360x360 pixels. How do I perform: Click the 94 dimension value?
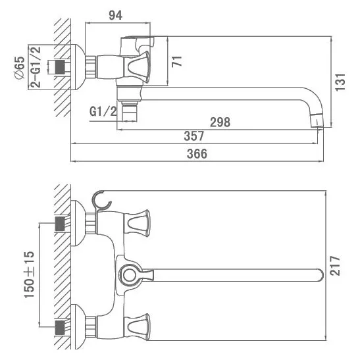[x=115, y=15]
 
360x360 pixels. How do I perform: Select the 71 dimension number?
[x=177, y=61]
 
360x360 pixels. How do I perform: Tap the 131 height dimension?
[x=340, y=82]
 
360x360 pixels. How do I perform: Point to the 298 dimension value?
[x=220, y=122]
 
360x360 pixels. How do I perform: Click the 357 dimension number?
[x=193, y=136]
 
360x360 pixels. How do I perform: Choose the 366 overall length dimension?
[x=197, y=153]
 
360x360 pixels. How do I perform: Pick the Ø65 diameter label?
[x=20, y=68]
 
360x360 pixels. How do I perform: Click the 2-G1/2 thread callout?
[x=36, y=67]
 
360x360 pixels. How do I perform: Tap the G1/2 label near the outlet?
[x=103, y=112]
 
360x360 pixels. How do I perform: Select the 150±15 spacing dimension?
[x=29, y=275]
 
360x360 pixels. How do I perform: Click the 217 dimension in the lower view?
[x=335, y=266]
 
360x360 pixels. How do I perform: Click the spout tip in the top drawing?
[x=317, y=120]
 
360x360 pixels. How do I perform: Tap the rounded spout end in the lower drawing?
[x=321, y=275]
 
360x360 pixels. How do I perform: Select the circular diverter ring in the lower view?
[x=129, y=275]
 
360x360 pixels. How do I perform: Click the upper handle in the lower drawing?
[x=137, y=222]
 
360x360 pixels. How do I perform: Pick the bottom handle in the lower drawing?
[x=137, y=327]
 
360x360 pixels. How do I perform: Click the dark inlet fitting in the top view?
[x=60, y=67]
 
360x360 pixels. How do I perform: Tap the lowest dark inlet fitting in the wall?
[x=60, y=327]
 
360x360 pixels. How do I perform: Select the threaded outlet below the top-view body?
[x=129, y=112]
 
